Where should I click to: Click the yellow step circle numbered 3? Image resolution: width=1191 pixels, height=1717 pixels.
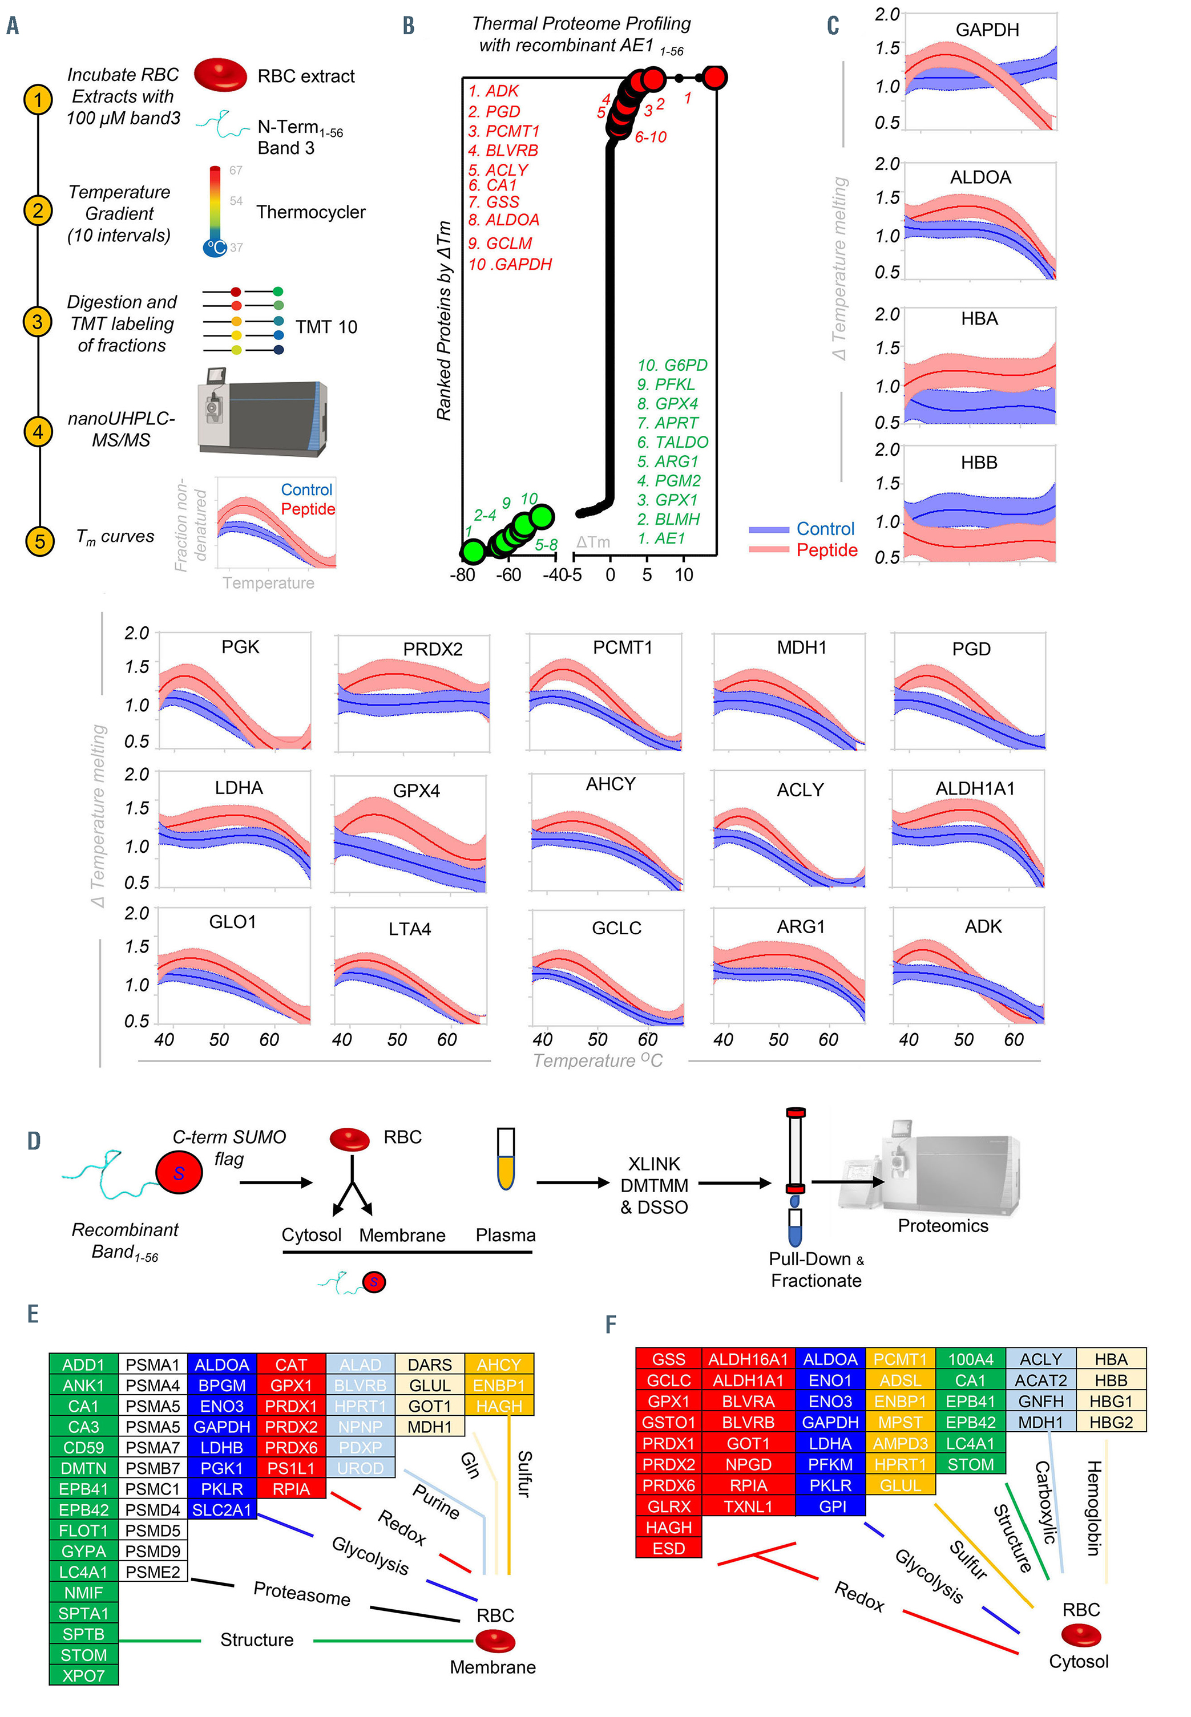pyautogui.click(x=37, y=322)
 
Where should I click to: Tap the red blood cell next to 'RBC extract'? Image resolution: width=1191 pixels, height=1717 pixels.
pyautogui.click(x=220, y=75)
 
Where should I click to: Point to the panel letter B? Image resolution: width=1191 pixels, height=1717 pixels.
pyautogui.click(x=408, y=26)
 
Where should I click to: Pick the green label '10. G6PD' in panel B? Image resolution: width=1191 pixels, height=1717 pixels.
pyautogui.click(x=672, y=365)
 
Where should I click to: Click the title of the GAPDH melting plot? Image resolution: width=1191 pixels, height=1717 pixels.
pyautogui.click(x=987, y=30)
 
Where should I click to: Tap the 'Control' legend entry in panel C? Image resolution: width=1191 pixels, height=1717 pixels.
pyautogui.click(x=825, y=529)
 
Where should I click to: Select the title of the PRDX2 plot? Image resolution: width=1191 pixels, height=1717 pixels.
pyautogui.click(x=432, y=649)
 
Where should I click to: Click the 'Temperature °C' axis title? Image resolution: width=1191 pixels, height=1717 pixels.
pyautogui.click(x=597, y=1060)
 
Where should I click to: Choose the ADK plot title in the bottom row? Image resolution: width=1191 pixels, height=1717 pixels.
pyautogui.click(x=983, y=926)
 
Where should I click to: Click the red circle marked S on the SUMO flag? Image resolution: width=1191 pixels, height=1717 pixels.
pyautogui.click(x=179, y=1172)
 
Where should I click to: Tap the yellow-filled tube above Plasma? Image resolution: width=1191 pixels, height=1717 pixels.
pyautogui.click(x=506, y=1159)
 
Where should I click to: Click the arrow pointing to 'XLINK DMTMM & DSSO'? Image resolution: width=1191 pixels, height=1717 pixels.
pyautogui.click(x=572, y=1182)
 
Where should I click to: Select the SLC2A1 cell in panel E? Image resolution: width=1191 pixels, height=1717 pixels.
pyautogui.click(x=221, y=1509)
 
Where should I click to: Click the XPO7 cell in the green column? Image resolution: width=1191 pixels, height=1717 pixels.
pyautogui.click(x=83, y=1675)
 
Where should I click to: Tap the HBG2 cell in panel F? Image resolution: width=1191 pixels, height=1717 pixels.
pyautogui.click(x=1111, y=1423)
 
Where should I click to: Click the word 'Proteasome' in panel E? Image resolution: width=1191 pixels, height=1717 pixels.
pyautogui.click(x=301, y=1593)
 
